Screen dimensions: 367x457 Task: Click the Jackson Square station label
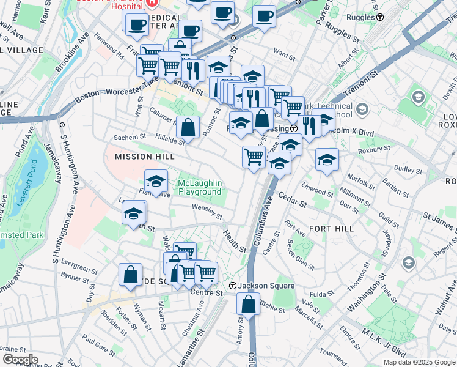257,286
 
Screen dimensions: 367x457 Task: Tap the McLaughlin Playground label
200,187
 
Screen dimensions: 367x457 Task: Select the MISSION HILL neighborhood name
141,157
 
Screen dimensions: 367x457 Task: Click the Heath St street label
234,242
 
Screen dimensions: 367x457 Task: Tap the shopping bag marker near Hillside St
188,128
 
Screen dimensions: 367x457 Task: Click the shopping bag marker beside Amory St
248,303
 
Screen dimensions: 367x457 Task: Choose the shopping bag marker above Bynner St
131,275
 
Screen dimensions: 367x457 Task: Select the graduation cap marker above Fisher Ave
156,181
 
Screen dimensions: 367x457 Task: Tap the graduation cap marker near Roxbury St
327,160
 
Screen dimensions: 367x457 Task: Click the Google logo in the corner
20,360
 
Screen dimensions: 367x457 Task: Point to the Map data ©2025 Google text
419,362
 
